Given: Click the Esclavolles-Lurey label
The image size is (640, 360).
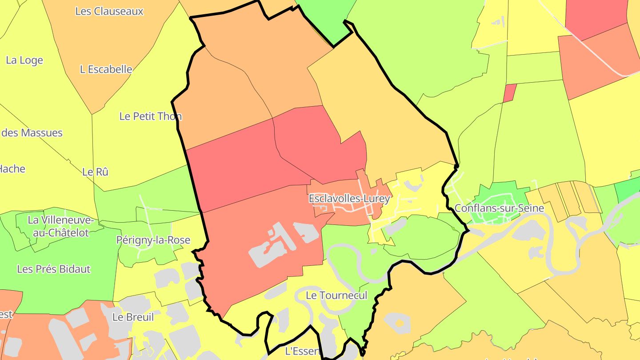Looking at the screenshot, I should tap(349, 199).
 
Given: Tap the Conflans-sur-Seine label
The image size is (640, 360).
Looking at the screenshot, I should tap(499, 208).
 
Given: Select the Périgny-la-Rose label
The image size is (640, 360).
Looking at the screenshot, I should tap(153, 240).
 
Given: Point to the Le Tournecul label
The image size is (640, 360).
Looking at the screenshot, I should tap(336, 296).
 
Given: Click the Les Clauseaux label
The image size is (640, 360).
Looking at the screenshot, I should tap(109, 11).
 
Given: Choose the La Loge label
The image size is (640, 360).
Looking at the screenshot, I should tap(24, 60).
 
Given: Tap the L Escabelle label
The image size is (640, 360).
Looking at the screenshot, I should tap(106, 69).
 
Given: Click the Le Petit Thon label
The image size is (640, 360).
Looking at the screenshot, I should tap(151, 116).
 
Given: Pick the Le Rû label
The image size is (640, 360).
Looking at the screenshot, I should tap(96, 172).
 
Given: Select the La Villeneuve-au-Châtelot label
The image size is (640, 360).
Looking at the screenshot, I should tap(61, 226).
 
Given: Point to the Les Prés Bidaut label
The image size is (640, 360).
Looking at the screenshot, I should tap(54, 269).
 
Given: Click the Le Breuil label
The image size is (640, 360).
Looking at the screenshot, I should tap(133, 317).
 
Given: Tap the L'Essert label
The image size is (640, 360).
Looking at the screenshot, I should tap(302, 351).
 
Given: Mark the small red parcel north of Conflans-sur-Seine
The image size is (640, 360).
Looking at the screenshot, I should tap(510, 93).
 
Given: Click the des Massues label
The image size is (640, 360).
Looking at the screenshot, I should tap(32, 133).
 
